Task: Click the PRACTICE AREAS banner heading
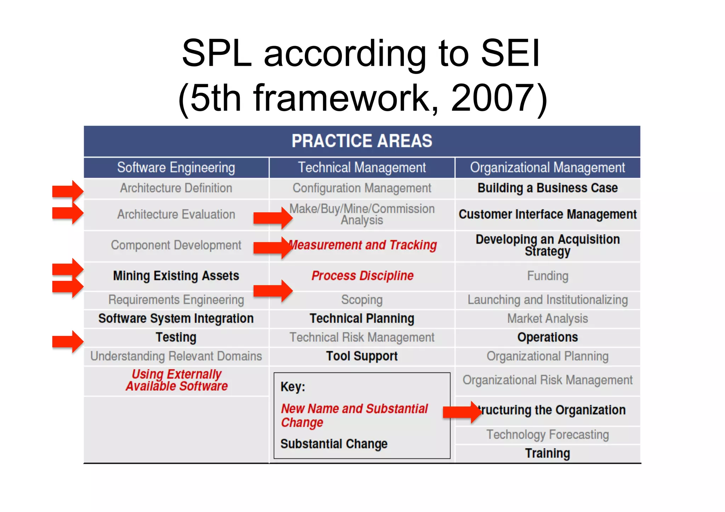point(362,141)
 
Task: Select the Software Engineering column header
point(176,167)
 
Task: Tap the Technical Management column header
point(362,167)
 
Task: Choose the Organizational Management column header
point(547,167)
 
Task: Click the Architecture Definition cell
point(176,188)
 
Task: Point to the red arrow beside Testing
point(68,341)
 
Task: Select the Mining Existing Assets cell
point(176,276)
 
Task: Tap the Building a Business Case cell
point(547,188)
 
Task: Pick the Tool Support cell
point(362,356)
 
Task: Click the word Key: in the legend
point(293,387)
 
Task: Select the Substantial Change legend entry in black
point(334,444)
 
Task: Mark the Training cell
point(547,453)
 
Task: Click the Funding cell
point(547,276)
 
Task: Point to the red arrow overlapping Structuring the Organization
point(462,412)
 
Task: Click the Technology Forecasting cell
point(547,435)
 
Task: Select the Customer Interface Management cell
point(547,214)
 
